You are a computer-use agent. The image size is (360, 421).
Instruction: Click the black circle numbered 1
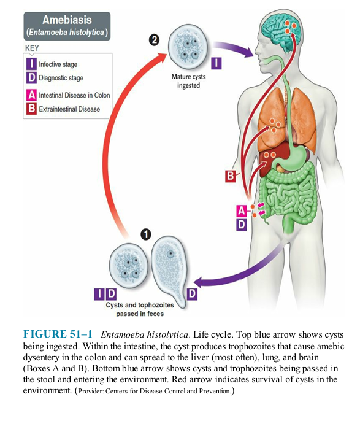[146, 234]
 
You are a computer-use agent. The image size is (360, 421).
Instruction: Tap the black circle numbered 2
[154, 41]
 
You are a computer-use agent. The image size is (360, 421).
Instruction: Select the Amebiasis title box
[67, 26]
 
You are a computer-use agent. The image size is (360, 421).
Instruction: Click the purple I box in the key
[31, 64]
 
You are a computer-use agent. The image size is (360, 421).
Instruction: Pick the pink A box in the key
[31, 95]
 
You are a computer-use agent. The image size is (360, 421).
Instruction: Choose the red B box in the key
[31, 109]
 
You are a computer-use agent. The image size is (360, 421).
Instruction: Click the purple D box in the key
[31, 78]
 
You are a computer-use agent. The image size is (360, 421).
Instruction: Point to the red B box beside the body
[231, 176]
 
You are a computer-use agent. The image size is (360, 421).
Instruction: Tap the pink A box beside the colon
[242, 211]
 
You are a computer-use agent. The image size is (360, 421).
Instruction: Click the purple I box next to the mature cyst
[216, 64]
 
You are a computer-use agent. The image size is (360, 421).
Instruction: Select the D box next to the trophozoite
[192, 295]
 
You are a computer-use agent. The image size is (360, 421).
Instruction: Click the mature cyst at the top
[188, 47]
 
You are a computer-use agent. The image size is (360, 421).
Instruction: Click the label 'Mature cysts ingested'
[188, 81]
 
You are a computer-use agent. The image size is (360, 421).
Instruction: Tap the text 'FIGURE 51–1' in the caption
[58, 334]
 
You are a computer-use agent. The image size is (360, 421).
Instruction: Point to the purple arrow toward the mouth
[233, 49]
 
